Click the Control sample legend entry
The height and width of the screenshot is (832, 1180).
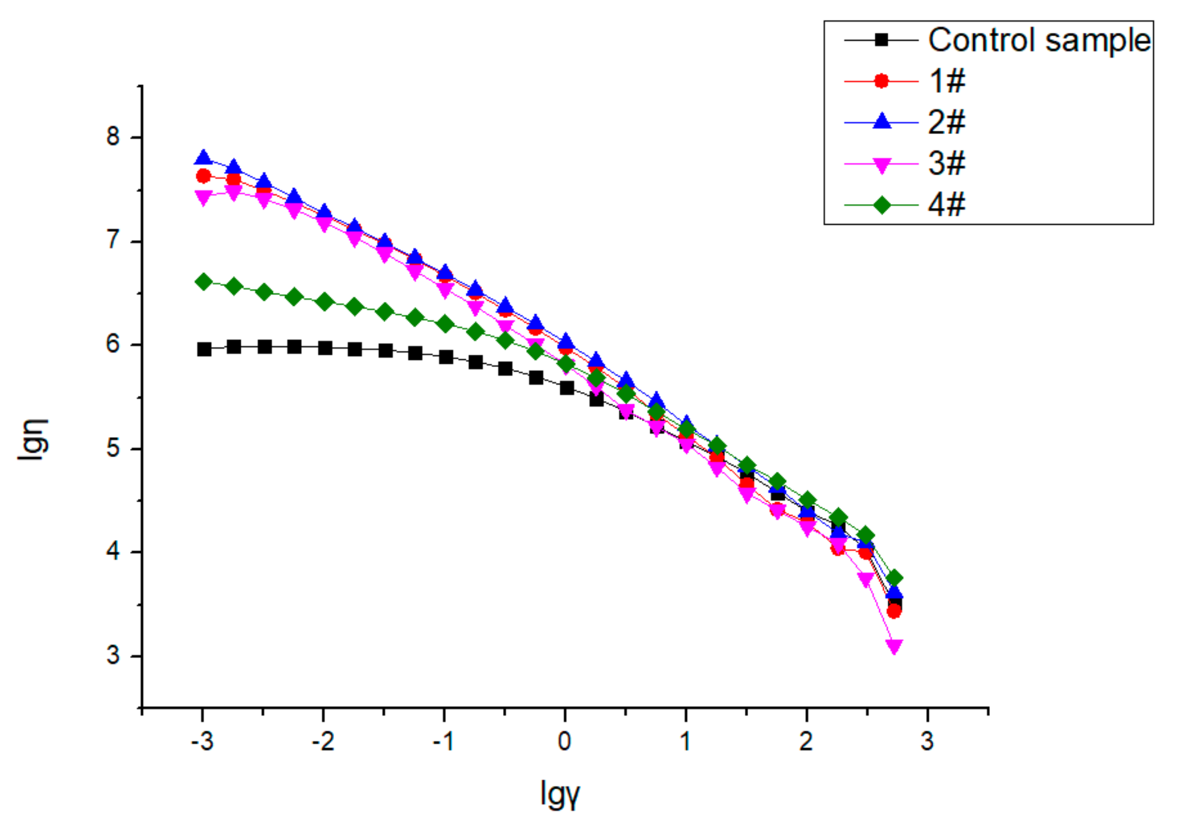(x=1038, y=40)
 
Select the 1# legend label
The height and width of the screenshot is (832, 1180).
(x=947, y=81)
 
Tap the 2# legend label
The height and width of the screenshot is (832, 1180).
(x=947, y=122)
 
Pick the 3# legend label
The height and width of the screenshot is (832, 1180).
(x=947, y=164)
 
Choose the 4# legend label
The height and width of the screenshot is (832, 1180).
(x=947, y=205)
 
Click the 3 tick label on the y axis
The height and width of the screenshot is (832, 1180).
(x=113, y=656)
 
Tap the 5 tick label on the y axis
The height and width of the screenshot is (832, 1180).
(x=113, y=448)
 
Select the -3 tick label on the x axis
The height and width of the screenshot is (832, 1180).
(x=202, y=742)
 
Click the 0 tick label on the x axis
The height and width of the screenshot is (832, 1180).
(x=565, y=742)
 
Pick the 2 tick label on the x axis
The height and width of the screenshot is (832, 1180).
(x=806, y=742)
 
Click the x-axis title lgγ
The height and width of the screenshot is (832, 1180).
(x=560, y=794)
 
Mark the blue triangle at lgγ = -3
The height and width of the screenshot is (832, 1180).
(x=203, y=159)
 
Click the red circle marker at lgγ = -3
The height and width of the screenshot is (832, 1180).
(x=203, y=176)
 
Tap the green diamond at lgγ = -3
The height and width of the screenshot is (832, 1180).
(x=203, y=282)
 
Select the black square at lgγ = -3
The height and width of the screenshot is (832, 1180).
(x=204, y=349)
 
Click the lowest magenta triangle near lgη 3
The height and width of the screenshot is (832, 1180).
(x=894, y=646)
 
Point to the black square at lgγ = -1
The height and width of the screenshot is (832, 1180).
(x=446, y=357)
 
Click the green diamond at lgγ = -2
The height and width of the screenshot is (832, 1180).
(x=325, y=302)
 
